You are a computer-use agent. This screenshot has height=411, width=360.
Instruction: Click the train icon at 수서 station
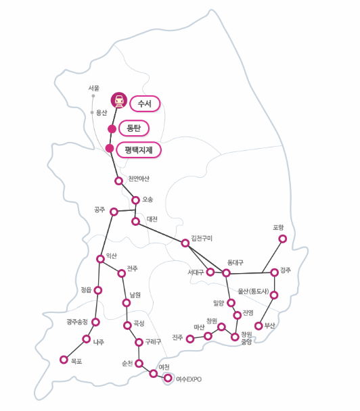119,100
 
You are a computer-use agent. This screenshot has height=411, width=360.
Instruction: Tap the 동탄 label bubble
134,128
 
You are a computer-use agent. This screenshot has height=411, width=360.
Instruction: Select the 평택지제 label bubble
139,150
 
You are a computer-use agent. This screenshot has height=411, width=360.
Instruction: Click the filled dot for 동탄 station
112,129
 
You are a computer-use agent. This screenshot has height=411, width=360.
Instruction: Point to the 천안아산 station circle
119,181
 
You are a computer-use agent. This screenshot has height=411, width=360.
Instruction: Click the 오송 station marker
135,200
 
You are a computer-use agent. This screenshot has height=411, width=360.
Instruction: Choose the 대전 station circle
135,222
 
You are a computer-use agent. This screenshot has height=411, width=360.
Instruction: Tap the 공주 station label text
99,210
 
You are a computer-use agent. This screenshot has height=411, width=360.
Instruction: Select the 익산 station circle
100,259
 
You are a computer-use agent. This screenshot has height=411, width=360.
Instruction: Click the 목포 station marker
64,360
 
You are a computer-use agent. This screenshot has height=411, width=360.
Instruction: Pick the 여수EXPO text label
189,379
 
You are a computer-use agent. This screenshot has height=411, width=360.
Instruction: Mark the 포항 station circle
283,239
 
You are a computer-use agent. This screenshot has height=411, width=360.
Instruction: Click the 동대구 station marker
226,273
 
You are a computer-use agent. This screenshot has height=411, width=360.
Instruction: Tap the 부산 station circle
258,326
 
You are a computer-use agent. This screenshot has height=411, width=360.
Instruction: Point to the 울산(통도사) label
253,291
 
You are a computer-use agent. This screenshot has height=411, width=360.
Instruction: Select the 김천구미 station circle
185,243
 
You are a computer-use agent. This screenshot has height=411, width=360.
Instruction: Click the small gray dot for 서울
93,96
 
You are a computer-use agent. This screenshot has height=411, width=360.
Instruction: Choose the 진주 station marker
190,339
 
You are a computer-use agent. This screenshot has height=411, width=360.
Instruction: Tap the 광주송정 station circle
96,322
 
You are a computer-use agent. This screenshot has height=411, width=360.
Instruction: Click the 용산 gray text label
102,113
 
